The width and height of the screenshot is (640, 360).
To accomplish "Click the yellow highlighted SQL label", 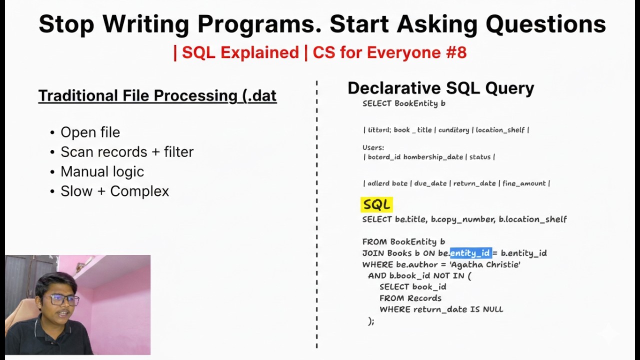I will [x=376, y=204].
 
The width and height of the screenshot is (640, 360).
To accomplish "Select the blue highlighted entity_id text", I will [x=470, y=253].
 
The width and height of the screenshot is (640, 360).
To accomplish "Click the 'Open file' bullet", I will [x=90, y=132].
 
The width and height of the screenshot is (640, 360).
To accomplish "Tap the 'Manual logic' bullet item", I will [x=102, y=171].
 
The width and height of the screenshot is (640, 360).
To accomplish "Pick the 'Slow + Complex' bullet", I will [x=114, y=191].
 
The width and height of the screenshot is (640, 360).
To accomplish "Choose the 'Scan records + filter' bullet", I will [x=126, y=152].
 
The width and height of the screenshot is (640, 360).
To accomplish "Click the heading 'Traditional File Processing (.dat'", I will [x=157, y=95].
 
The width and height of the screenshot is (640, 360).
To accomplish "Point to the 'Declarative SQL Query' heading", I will [x=440, y=88].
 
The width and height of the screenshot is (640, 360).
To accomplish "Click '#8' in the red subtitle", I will [x=455, y=52].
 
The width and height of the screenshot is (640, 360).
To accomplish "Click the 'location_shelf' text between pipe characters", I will [x=500, y=130].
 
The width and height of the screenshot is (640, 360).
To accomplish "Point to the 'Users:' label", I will [x=373, y=147].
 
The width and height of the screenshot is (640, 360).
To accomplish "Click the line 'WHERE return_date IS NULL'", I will [x=441, y=309].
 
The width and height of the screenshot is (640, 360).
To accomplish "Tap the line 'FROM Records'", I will [x=410, y=298].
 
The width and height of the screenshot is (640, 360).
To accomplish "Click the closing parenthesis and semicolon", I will [x=370, y=321].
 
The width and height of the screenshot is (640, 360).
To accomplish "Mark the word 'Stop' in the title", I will [x=66, y=24].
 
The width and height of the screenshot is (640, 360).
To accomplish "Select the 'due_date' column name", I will [x=430, y=183].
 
